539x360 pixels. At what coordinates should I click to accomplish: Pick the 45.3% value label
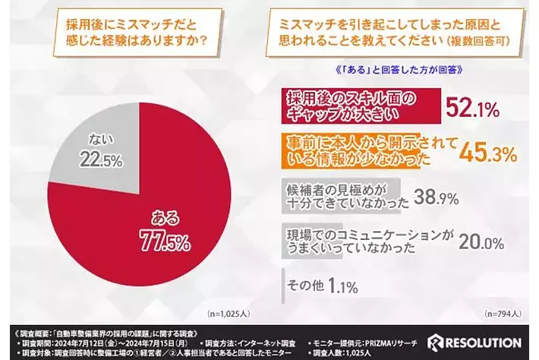click(x=488, y=153)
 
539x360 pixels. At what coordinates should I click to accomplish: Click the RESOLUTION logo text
click(x=482, y=342)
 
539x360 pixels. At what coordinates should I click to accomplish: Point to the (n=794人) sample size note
click(x=503, y=313)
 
